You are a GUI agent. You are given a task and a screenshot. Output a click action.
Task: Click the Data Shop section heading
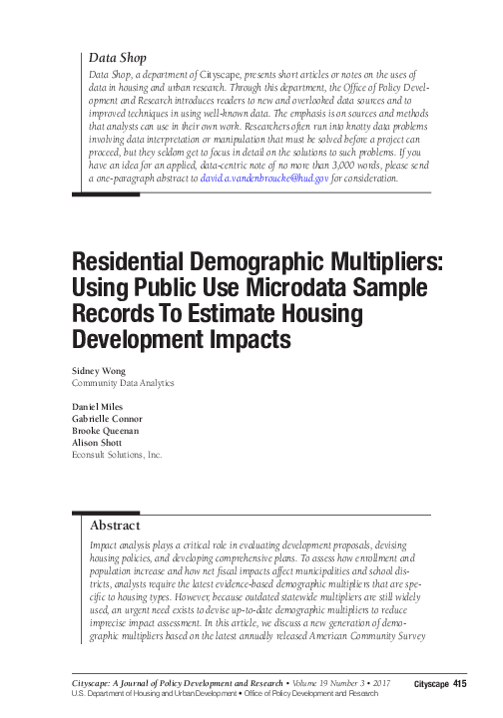coord(118,59)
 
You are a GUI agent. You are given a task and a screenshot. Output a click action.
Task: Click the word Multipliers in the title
coord(383,261)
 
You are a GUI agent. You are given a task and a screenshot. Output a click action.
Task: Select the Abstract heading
coord(115,525)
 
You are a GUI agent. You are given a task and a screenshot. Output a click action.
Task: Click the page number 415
coord(459,682)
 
